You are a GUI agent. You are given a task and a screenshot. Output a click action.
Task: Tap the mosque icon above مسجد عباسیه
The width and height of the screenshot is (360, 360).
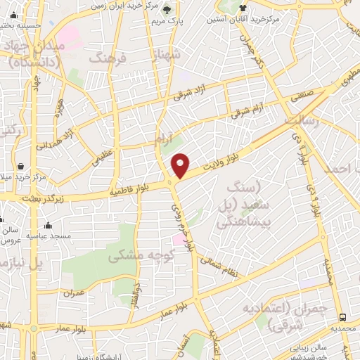coord(48,226)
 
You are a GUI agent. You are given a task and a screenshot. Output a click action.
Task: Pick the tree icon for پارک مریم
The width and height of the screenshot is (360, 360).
coord(167,10)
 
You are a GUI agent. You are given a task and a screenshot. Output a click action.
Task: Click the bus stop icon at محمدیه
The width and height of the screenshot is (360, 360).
coord(342,318)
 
